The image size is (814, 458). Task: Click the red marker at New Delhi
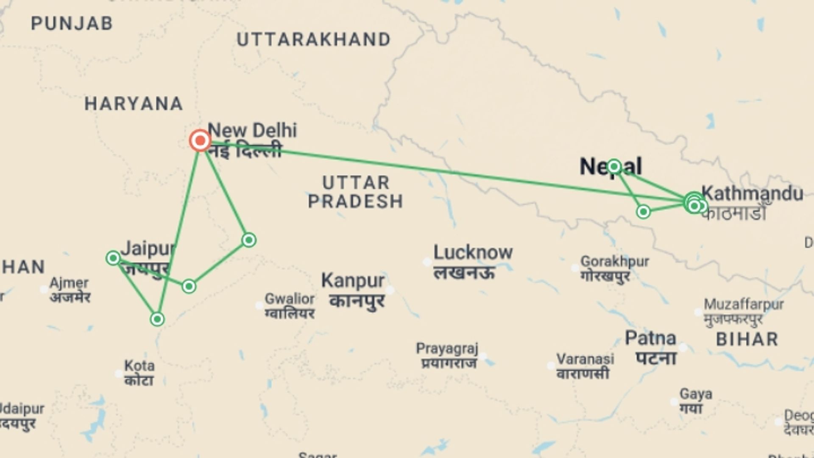point(200,140)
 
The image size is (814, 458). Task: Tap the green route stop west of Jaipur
point(113,258)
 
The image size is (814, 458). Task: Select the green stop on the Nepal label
point(614,167)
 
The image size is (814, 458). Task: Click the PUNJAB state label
point(72,23)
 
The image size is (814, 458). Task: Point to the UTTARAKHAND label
point(313,40)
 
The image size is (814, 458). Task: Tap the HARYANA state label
point(134,104)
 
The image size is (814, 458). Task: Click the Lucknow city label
point(473,253)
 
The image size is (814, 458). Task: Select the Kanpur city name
point(353,281)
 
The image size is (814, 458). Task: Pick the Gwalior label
point(290,299)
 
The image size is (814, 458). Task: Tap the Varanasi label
point(585,359)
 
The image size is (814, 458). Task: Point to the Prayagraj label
point(447,349)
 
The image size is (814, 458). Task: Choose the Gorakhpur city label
point(614,262)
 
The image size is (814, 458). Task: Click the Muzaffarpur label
point(744,305)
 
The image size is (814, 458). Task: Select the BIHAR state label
point(747,339)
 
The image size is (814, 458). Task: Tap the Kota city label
point(139,366)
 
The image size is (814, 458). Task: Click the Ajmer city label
point(69,283)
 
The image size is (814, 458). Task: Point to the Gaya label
point(696,394)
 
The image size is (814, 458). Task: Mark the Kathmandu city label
point(752,194)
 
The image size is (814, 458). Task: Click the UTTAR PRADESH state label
point(356,192)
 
